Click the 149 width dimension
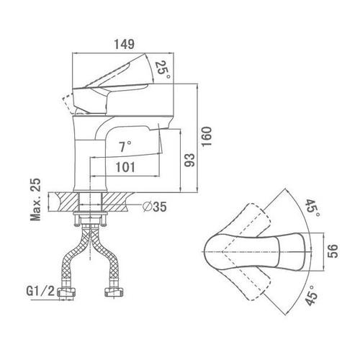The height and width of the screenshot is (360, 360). [x=124, y=44]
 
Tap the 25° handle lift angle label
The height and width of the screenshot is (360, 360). [x=163, y=70]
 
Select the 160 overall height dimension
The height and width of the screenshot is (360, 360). [x=207, y=136]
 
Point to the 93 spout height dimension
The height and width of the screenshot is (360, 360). [x=189, y=160]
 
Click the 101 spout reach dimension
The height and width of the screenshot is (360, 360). [x=125, y=167]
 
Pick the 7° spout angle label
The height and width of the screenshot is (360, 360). [x=125, y=146]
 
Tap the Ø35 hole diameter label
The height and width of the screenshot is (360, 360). [x=154, y=206]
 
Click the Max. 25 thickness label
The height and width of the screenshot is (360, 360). [x=35, y=199]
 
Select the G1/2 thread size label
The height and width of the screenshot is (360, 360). [x=40, y=292]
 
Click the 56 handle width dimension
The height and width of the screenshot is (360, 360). [x=333, y=251]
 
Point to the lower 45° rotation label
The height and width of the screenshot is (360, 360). [x=311, y=295]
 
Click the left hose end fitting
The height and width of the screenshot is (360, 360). [x=66, y=292]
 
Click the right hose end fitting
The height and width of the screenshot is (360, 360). [x=114, y=292]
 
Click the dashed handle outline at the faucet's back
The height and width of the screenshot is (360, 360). [x=68, y=104]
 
